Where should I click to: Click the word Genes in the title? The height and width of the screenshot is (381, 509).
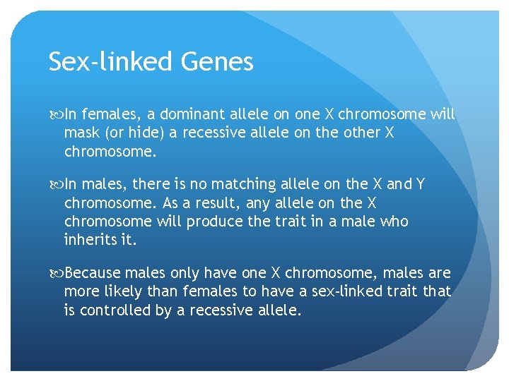point(217,62)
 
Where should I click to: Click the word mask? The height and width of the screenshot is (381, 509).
point(81,133)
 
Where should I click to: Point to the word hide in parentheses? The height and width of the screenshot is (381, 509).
point(144,133)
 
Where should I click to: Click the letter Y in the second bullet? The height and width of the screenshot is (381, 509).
point(420,184)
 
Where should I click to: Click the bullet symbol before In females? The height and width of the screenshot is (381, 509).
point(55,114)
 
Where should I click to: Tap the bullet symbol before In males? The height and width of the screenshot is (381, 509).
point(55,185)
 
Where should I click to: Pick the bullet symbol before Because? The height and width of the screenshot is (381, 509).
point(55,273)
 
